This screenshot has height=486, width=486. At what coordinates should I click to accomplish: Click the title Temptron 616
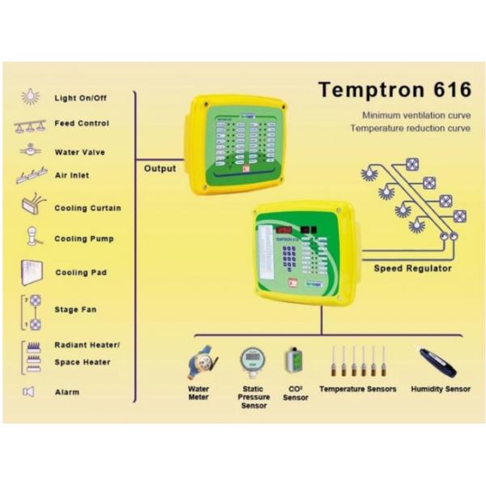394,88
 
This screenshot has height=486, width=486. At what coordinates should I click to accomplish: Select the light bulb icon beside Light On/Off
29,97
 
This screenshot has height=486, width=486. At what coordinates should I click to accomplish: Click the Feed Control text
81,124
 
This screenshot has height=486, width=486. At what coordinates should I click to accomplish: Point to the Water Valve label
79,152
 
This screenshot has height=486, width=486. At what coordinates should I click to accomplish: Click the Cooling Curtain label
87,208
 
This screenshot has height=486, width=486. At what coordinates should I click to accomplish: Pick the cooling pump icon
31,238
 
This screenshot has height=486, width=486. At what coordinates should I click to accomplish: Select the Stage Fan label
75,309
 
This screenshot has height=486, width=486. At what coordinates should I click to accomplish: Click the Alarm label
66,393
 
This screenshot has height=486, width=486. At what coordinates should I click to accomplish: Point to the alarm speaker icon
29,393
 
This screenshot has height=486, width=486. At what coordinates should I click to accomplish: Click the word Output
160,169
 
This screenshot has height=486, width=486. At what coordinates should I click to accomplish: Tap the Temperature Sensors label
358,390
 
